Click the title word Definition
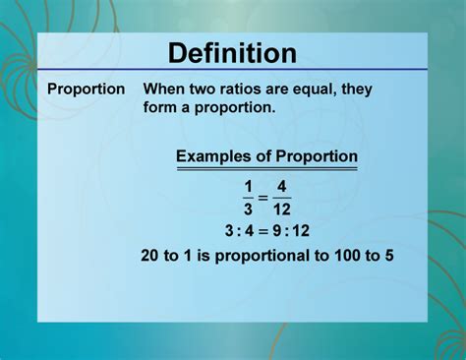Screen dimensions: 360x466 232,52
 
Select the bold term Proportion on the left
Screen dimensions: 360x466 87,89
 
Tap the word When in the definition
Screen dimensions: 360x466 165,89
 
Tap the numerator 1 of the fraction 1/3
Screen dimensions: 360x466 250,185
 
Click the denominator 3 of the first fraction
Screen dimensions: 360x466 250,209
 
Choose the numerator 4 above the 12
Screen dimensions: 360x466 282,185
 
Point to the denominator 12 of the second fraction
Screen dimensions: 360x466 282,209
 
